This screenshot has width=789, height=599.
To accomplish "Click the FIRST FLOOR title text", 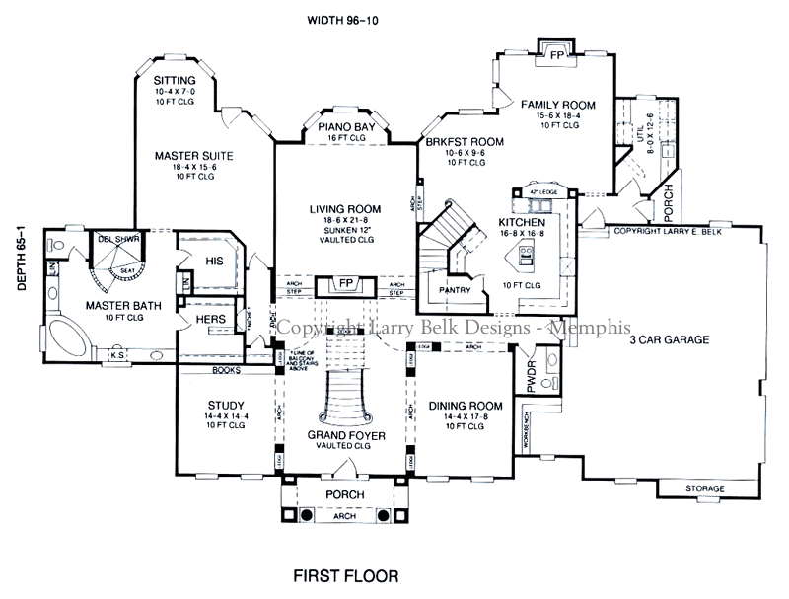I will pos(345,574).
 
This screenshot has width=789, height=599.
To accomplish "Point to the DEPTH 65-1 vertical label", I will pos(20,258).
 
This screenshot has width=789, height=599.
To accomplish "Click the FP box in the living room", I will pos(345,284).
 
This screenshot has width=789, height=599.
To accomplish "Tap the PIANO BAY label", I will pos(345,128).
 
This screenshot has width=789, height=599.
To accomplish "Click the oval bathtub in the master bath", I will pos(68,337).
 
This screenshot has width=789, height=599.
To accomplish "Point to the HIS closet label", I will pos(215,261).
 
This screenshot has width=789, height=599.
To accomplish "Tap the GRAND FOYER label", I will pos(345,434).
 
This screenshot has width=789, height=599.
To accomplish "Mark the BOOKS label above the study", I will pos(226,370).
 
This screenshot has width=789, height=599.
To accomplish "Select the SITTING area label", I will pos(175,79).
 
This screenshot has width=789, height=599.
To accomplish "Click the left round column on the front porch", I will pos(307,514).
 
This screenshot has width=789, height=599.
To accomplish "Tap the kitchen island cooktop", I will pos(525,259).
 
